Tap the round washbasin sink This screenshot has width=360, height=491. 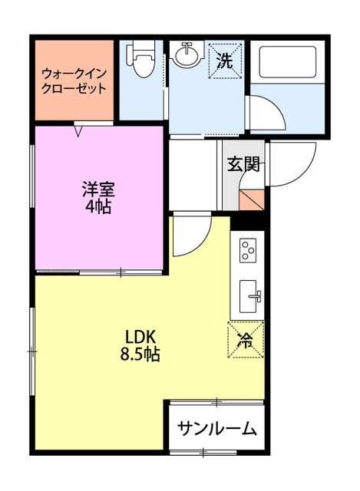(x=187, y=54)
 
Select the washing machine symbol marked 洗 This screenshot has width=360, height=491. (x=226, y=61)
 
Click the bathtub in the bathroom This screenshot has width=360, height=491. (x=287, y=63)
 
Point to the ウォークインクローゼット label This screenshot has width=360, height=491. (x=74, y=81)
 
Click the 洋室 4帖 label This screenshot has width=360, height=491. (x=98, y=198)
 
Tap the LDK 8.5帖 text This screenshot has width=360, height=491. (x=140, y=346)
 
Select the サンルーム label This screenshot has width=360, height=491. (x=216, y=428)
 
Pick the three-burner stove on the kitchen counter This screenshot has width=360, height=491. (x=248, y=250)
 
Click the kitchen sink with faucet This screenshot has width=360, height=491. (x=249, y=296)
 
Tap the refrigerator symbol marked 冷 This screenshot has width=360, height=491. (x=246, y=340)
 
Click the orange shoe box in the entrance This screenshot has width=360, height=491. (x=252, y=199)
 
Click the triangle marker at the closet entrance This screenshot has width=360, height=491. (x=78, y=130)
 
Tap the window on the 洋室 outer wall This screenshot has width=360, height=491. (x=32, y=176)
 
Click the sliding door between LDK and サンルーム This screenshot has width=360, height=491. (x=216, y=402)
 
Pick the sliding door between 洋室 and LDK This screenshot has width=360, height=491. (x=121, y=273)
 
